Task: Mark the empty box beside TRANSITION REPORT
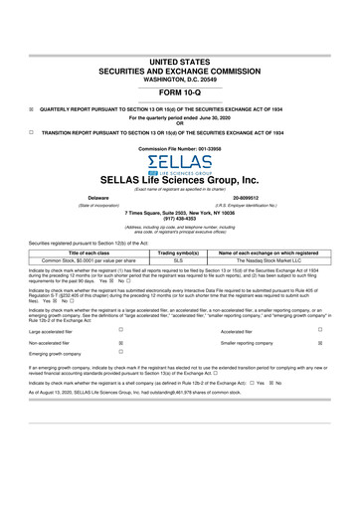click(x=33, y=131)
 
